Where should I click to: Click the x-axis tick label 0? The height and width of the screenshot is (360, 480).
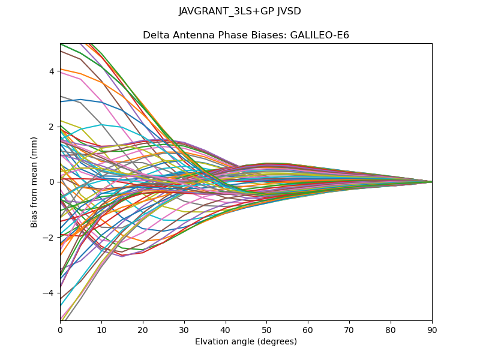point(60,329)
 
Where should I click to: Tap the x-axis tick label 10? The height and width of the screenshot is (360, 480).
point(101,329)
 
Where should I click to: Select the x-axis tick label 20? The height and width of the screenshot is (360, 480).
point(143,329)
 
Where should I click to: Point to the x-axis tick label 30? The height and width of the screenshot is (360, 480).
point(184,329)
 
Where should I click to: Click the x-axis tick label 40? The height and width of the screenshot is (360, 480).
point(226,329)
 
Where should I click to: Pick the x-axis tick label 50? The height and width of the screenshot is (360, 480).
point(266,329)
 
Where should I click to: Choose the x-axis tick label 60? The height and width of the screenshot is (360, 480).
point(308,329)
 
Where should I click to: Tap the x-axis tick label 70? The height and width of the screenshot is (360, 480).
point(349,329)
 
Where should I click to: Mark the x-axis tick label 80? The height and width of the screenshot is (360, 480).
point(391,329)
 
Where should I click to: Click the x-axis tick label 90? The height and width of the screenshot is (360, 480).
point(432,329)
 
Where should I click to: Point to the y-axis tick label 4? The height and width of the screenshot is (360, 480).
point(52,71)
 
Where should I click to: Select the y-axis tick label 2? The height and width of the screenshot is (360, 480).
point(52,127)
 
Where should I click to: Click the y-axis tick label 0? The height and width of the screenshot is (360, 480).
point(52,182)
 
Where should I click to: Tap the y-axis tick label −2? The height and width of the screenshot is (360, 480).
point(50,237)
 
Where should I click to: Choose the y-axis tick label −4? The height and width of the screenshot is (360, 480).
point(50,293)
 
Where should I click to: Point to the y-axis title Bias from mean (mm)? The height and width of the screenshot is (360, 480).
point(35,182)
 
